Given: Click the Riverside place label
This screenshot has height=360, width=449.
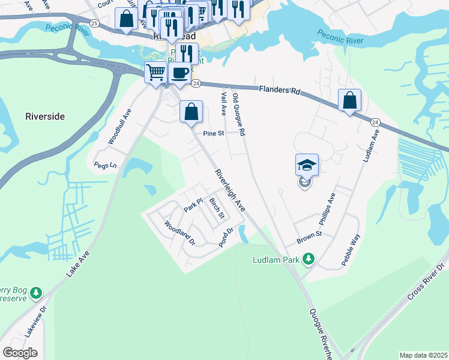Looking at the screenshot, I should pos(45,116).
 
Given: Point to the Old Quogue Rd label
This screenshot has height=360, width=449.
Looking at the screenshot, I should pos(239,114).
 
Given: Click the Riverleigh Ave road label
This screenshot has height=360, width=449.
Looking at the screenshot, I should pos(231,190).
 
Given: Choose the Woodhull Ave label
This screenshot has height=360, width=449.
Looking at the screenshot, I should pos(119,127).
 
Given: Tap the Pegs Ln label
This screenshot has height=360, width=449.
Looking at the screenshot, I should pos(104,164).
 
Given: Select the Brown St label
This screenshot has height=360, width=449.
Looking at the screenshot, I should pos(310,237).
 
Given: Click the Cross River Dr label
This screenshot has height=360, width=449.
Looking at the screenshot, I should pos(427,282).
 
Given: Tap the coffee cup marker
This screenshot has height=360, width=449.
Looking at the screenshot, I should pos(179,73).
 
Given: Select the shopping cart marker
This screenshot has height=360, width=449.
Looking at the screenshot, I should pos(156,73).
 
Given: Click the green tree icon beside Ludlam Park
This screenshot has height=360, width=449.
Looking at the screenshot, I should pos(309,259).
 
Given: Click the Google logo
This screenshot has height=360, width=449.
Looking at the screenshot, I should pos(20,353).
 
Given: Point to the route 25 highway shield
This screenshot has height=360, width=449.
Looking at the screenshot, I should pos(94,22).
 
